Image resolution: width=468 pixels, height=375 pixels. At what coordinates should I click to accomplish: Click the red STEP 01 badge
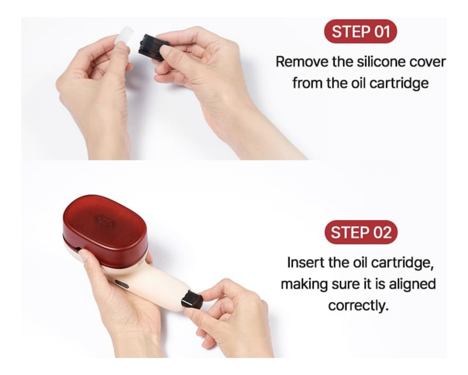pos(360,32)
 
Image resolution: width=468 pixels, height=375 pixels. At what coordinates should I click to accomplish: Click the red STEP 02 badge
pos(361,232)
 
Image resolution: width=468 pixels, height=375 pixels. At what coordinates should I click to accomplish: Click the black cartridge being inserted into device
pos(192,299)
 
